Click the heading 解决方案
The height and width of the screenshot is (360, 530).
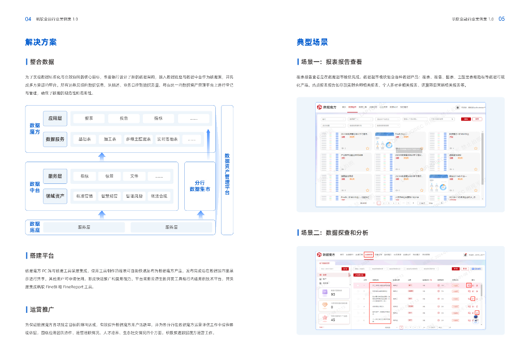pyautogui.click(x=41, y=42)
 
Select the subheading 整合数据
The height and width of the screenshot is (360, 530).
pyautogui.click(x=41, y=62)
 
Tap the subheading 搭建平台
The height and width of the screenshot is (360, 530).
pyautogui.click(x=41, y=256)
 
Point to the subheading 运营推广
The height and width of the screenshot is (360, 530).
pyautogui.click(x=41, y=310)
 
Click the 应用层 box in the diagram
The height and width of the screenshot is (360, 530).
pyautogui.click(x=55, y=118)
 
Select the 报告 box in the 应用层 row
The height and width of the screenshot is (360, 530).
pyautogui.click(x=124, y=118)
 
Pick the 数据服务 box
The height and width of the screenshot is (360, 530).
pyautogui.click(x=55, y=139)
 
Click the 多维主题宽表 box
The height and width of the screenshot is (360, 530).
pyautogui.click(x=138, y=139)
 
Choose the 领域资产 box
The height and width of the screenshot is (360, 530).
pyautogui.click(x=55, y=196)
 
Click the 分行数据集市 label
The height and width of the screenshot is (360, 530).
pyautogui.click(x=200, y=186)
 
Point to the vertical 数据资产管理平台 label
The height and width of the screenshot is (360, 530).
pyautogui.click(x=227, y=174)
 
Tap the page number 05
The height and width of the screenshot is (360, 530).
pyautogui.click(x=502, y=19)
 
